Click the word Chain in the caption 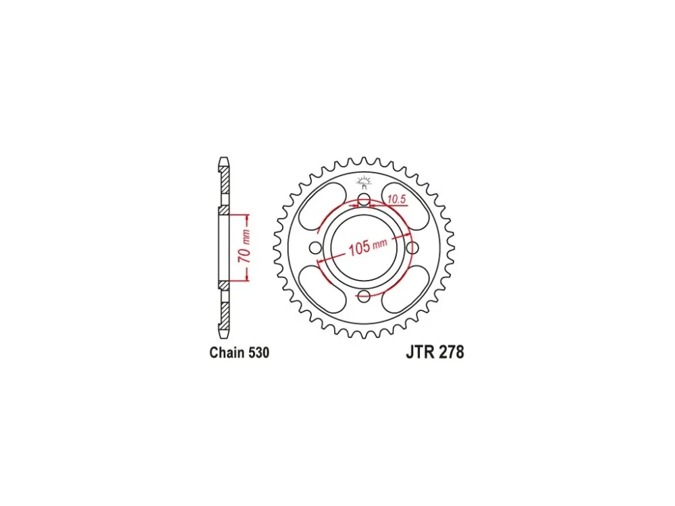(226, 352)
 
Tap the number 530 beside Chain (258, 352)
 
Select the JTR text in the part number (421, 352)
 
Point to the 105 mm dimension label (367, 247)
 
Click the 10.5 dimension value (396, 199)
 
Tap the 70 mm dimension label (244, 246)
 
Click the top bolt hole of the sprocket (364, 200)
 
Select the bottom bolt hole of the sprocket (364, 296)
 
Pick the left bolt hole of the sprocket (315, 248)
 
